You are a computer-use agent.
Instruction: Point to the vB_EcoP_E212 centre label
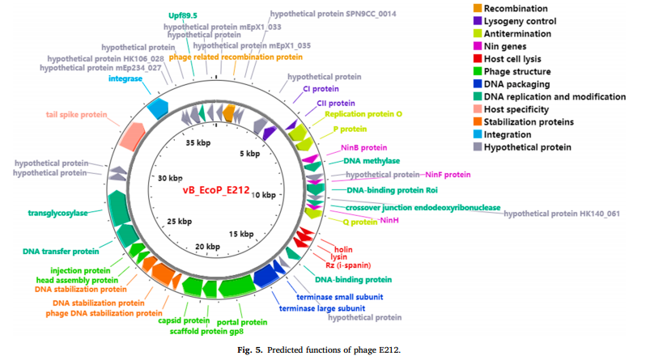(x=215, y=190)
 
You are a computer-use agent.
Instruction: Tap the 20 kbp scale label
(x=208, y=247)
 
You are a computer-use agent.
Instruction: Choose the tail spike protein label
(x=77, y=115)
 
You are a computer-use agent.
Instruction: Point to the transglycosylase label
(x=60, y=214)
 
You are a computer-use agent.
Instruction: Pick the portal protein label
(x=244, y=322)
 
